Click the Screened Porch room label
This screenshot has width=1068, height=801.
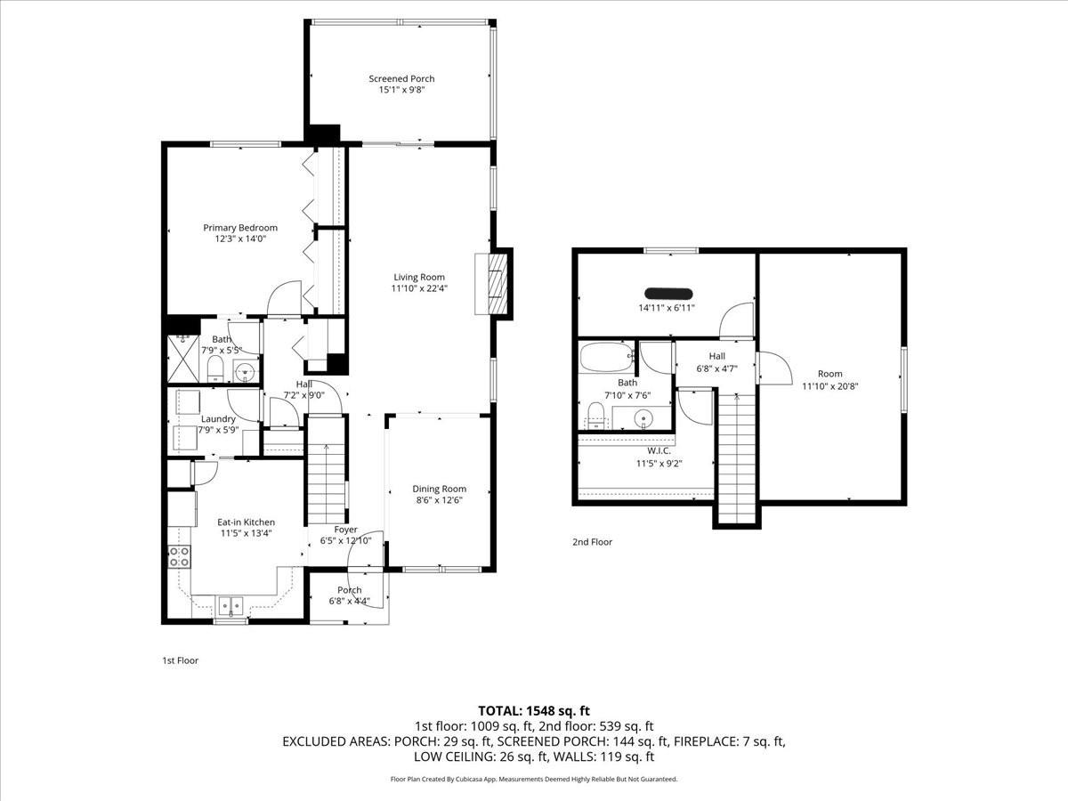coord(401,79)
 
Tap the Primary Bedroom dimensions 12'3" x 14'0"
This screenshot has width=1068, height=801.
coord(239,239)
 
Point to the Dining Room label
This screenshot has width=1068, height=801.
coord(439,489)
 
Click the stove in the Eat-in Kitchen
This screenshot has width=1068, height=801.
coord(178,557)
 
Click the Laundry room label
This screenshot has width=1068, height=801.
coord(218,419)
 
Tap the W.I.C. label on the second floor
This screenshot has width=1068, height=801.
coord(652,450)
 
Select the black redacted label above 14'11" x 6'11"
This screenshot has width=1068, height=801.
coord(667,293)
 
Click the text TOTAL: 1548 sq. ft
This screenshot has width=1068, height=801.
coord(534,710)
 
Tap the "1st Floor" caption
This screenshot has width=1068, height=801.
coord(180,660)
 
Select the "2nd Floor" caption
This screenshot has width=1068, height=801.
coord(592,541)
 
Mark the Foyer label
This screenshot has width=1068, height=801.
coord(345,530)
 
